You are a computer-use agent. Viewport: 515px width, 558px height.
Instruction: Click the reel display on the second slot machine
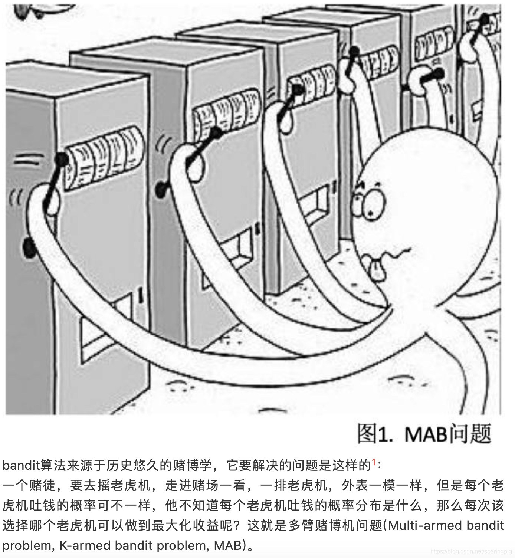pos(226,111)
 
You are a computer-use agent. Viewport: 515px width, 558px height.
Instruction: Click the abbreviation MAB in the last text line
pos(228,545)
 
